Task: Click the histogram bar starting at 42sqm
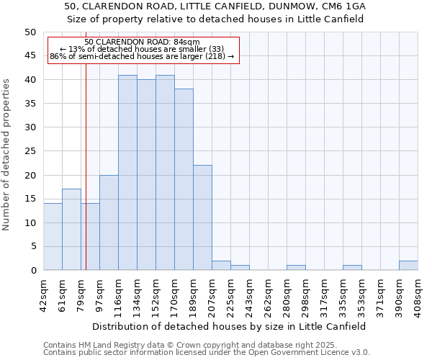click(53, 237)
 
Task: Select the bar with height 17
click(71, 230)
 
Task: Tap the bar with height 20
click(109, 222)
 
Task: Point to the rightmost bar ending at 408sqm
click(408, 266)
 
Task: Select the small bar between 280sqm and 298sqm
click(296, 268)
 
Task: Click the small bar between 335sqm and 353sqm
click(352, 268)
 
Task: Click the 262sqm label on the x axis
click(267, 296)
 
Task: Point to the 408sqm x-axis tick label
click(417, 296)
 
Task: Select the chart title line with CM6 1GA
click(215, 6)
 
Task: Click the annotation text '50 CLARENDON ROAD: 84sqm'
click(142, 42)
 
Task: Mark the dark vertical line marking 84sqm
click(86, 180)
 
